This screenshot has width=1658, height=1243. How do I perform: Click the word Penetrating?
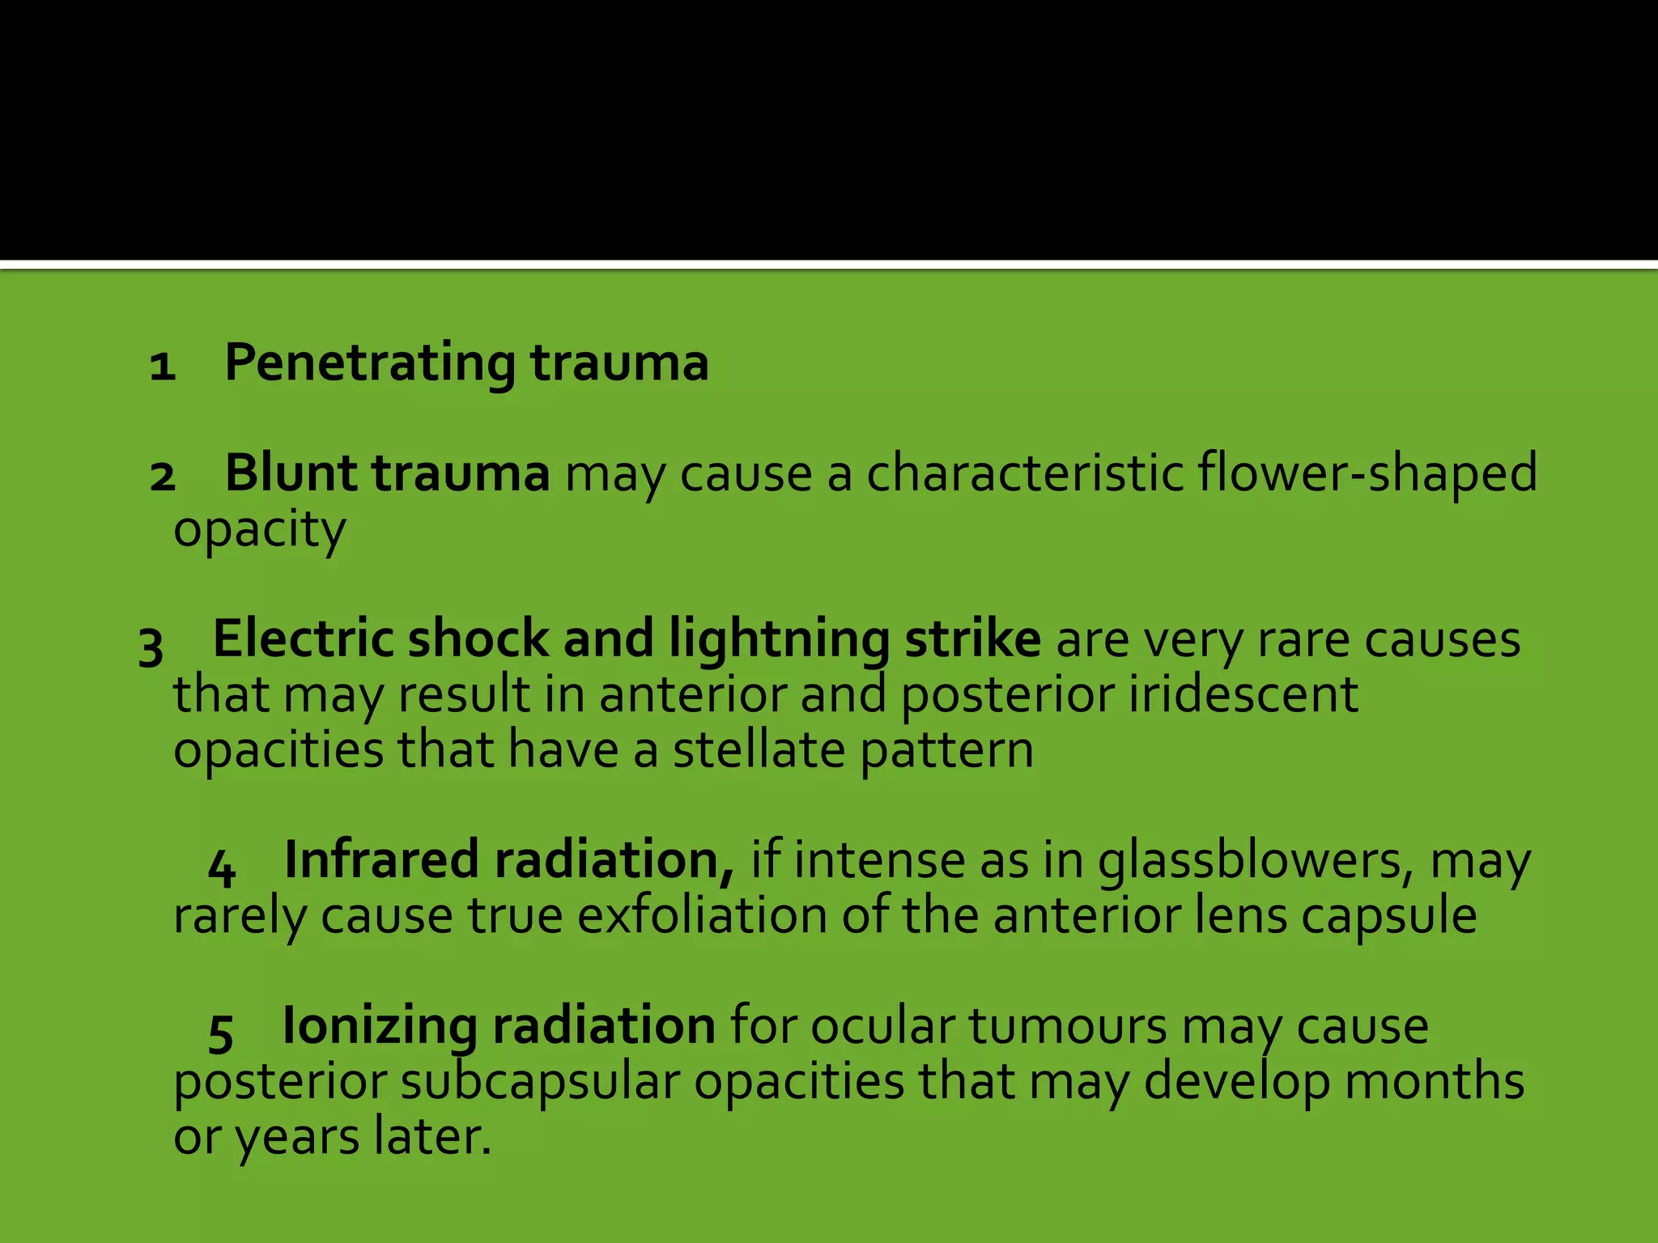368,363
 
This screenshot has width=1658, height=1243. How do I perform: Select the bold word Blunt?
291,473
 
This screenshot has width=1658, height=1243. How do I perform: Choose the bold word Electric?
301,639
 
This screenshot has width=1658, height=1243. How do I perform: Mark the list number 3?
151,647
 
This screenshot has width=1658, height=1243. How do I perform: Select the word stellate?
759,750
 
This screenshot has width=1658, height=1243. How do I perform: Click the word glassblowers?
1259,862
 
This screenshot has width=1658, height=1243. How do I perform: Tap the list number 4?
221,868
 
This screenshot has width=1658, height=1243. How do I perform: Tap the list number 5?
221,1034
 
